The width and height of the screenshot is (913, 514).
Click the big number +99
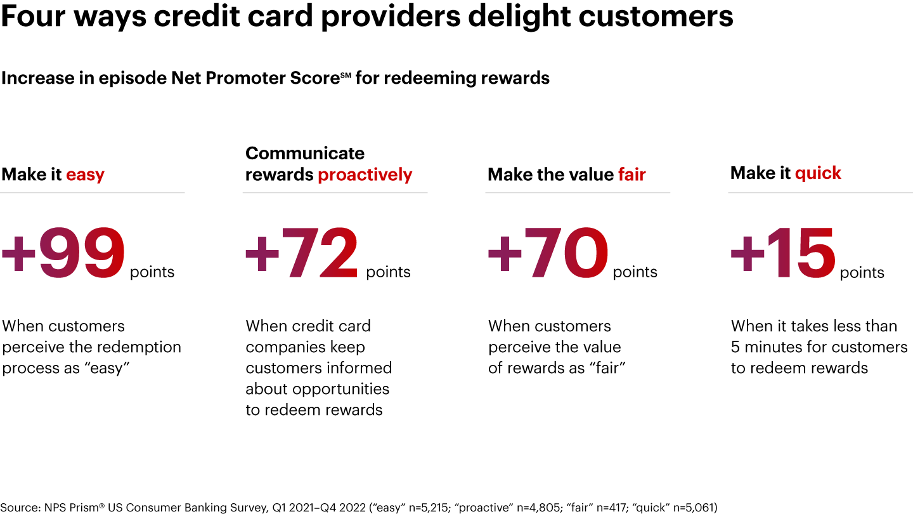pos(63,253)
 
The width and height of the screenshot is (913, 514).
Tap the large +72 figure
pos(302,253)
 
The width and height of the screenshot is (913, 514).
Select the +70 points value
pos(548,253)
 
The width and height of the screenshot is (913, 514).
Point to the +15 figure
pos(783,253)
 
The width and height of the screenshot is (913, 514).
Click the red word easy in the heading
pos(85,175)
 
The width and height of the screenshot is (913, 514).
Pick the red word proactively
pos(365,175)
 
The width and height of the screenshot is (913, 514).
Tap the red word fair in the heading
pos(632,175)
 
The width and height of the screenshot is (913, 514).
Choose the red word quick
pos(818,173)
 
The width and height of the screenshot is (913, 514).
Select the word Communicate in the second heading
pos(305,153)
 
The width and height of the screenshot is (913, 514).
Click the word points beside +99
pos(152,272)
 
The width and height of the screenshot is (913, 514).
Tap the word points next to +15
pos(862,273)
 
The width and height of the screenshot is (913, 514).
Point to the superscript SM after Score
pos(345,75)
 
